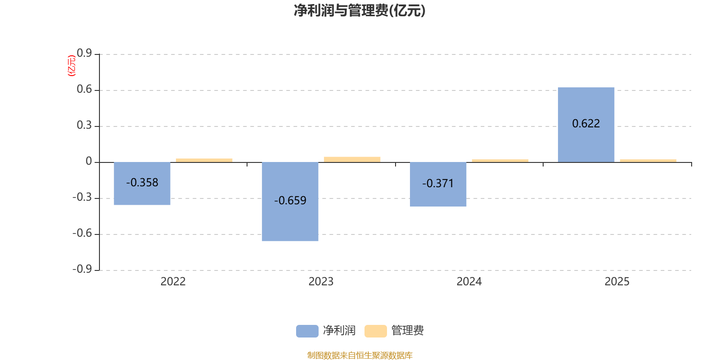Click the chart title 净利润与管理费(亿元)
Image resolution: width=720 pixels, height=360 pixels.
click(360, 10)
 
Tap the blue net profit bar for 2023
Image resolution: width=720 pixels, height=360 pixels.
click(290, 220)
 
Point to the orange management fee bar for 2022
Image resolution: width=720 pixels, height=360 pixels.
click(204, 160)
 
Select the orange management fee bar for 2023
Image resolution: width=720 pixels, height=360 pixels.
click(352, 159)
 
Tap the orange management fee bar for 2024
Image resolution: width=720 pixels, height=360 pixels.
click(500, 160)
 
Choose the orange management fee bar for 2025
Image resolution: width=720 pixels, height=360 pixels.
click(648, 160)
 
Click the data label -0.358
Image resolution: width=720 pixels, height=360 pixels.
click(142, 182)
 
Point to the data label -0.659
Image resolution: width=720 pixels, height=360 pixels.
click(290, 200)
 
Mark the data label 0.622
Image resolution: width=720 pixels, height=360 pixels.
click(586, 123)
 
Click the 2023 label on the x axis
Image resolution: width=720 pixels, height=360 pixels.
click(321, 282)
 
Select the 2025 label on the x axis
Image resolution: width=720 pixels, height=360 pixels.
click(617, 282)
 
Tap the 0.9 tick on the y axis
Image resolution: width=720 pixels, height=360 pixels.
click(84, 54)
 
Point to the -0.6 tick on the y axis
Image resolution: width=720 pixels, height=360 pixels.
click(82, 233)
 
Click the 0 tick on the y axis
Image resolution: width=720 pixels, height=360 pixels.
click(89, 162)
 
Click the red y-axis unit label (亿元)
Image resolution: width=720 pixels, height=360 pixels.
click(72, 66)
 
